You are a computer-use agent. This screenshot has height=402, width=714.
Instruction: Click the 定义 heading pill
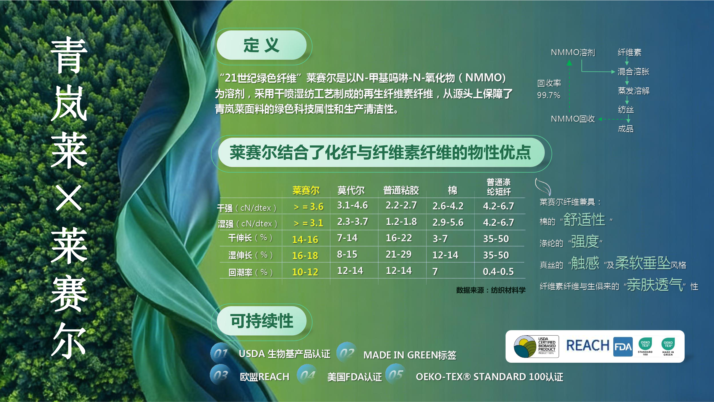tap(261, 45)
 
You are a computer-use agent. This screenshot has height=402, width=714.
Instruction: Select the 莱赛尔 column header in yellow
tap(306, 190)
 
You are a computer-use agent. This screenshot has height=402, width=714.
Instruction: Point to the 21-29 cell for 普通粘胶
tap(399, 254)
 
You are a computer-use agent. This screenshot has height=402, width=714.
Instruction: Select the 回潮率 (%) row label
tap(250, 272)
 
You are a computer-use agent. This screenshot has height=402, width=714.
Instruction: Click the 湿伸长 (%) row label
tap(250, 255)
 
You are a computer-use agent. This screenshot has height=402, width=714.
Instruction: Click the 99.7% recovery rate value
tap(549, 95)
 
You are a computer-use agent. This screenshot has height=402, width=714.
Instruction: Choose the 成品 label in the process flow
tap(626, 129)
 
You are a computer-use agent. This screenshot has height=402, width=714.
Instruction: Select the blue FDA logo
tap(623, 347)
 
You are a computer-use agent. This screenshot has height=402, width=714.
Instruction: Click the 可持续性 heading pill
tap(261, 321)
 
